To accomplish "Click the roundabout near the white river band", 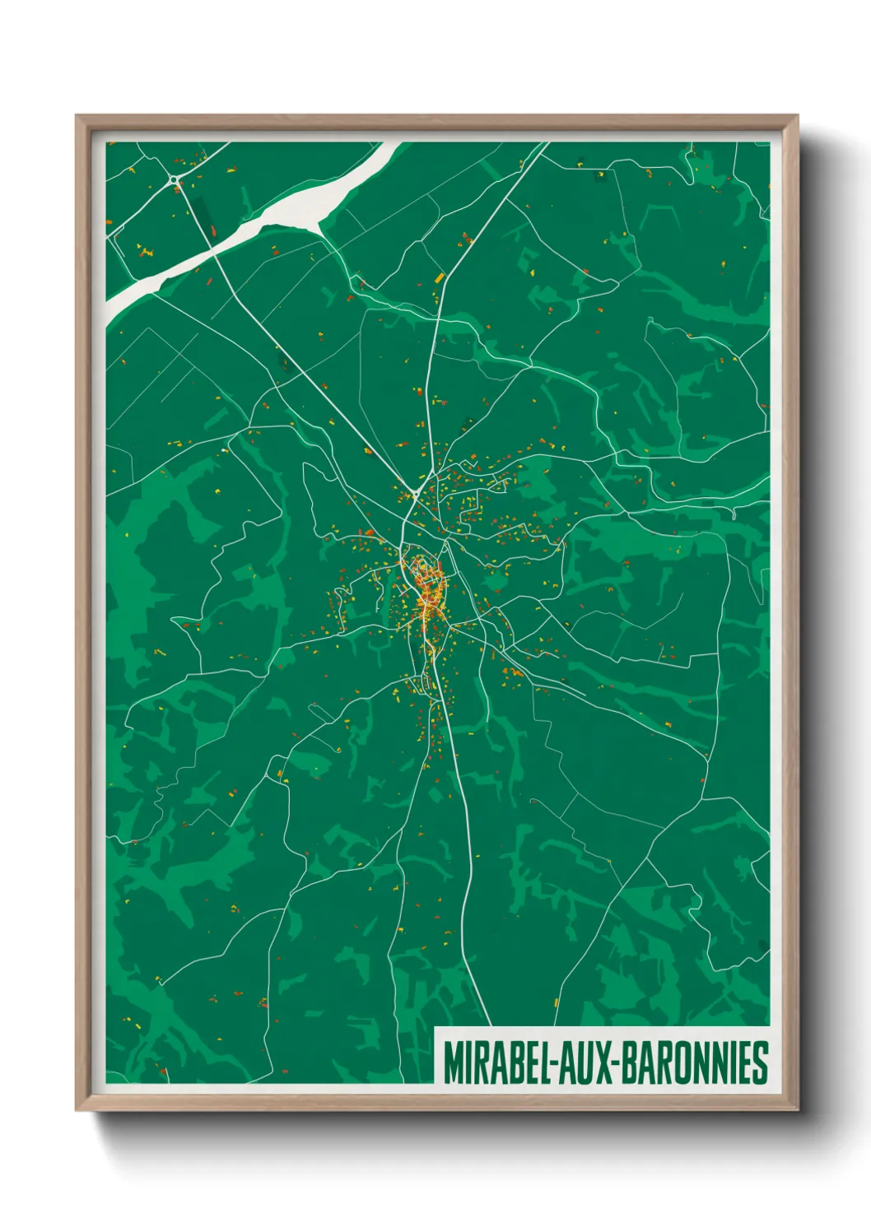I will coord(175,179).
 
